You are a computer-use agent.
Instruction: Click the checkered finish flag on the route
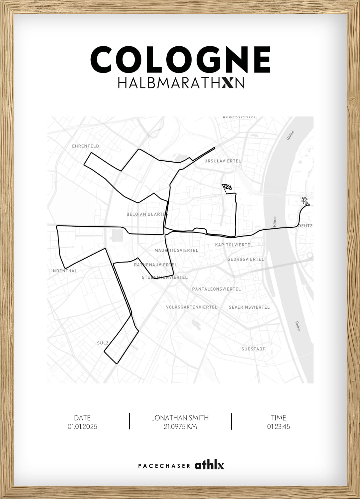(227, 187)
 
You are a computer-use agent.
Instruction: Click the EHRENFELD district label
(86, 146)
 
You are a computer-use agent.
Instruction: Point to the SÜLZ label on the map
(103, 343)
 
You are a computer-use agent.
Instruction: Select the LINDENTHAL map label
(63, 271)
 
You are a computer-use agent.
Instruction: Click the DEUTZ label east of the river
(306, 225)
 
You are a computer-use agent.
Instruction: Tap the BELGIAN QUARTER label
(147, 214)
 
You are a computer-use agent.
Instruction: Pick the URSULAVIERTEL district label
(223, 161)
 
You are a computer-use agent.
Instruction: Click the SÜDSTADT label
(253, 349)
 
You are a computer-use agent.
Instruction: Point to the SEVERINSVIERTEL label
(249, 307)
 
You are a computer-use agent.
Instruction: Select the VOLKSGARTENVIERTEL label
(192, 307)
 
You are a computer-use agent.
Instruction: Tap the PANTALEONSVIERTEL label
(217, 289)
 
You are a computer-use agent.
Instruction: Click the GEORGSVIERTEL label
(246, 259)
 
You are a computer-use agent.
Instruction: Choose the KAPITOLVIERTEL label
(234, 245)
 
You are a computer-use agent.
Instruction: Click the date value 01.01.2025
(83, 427)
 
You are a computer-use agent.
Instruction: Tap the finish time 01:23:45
(279, 427)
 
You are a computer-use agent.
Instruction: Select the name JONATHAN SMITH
(180, 418)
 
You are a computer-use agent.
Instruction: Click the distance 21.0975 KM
(180, 427)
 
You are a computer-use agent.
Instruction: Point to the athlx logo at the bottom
(209, 465)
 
